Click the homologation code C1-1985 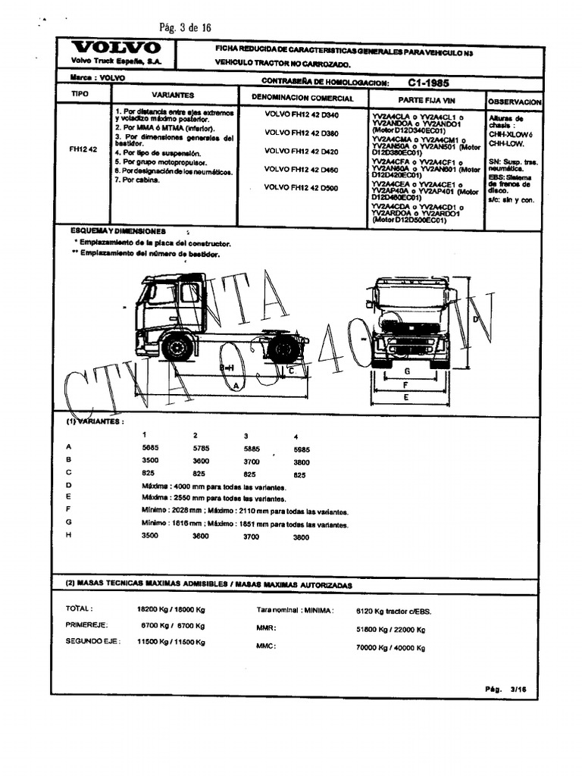(428, 82)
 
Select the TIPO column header (80, 95)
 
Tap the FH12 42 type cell (83, 149)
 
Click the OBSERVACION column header (515, 101)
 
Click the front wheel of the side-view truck (177, 347)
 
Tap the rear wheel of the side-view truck (284, 349)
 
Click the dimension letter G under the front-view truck (407, 371)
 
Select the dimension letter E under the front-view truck (407, 396)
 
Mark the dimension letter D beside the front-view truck (475, 319)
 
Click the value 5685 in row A (152, 448)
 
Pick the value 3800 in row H (301, 537)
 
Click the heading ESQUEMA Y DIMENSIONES (117, 230)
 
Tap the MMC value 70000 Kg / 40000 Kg (390, 648)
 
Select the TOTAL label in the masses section (80, 609)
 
